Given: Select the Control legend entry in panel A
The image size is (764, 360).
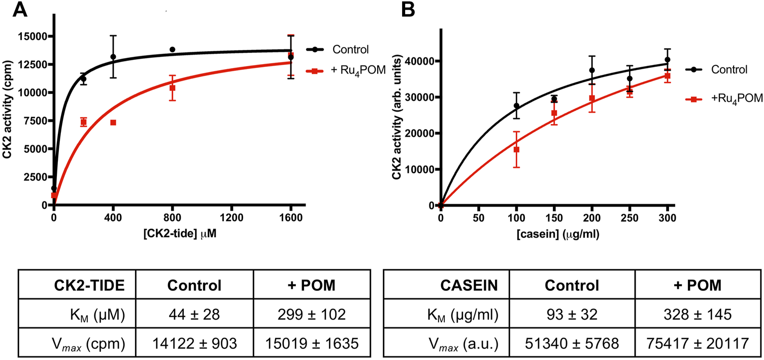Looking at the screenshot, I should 350,50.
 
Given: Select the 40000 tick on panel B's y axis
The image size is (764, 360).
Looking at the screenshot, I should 420,61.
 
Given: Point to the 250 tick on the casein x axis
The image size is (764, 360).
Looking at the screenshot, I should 629,216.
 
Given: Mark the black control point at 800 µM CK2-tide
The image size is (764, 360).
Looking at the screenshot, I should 173,49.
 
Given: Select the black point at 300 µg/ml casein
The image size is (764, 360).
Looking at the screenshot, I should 668,59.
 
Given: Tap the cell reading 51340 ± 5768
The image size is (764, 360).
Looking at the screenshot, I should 572,343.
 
